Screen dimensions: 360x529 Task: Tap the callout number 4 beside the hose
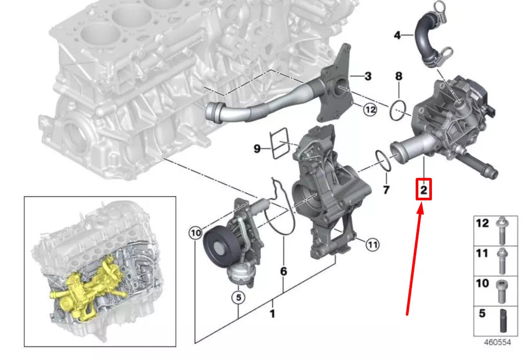tap(397, 35)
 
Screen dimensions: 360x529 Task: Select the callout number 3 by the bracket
tap(368, 77)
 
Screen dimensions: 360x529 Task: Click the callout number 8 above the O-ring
tap(398, 76)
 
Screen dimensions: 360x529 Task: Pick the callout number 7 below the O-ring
tap(386, 189)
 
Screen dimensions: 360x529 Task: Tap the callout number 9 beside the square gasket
tap(257, 149)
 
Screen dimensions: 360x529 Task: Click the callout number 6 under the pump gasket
tap(283, 271)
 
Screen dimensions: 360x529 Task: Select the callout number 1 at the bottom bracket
tap(272, 314)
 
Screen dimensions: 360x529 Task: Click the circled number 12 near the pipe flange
tap(370, 110)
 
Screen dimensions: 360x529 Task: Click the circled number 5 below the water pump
tap(238, 298)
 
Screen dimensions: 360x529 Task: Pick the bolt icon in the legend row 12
tap(502, 230)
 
